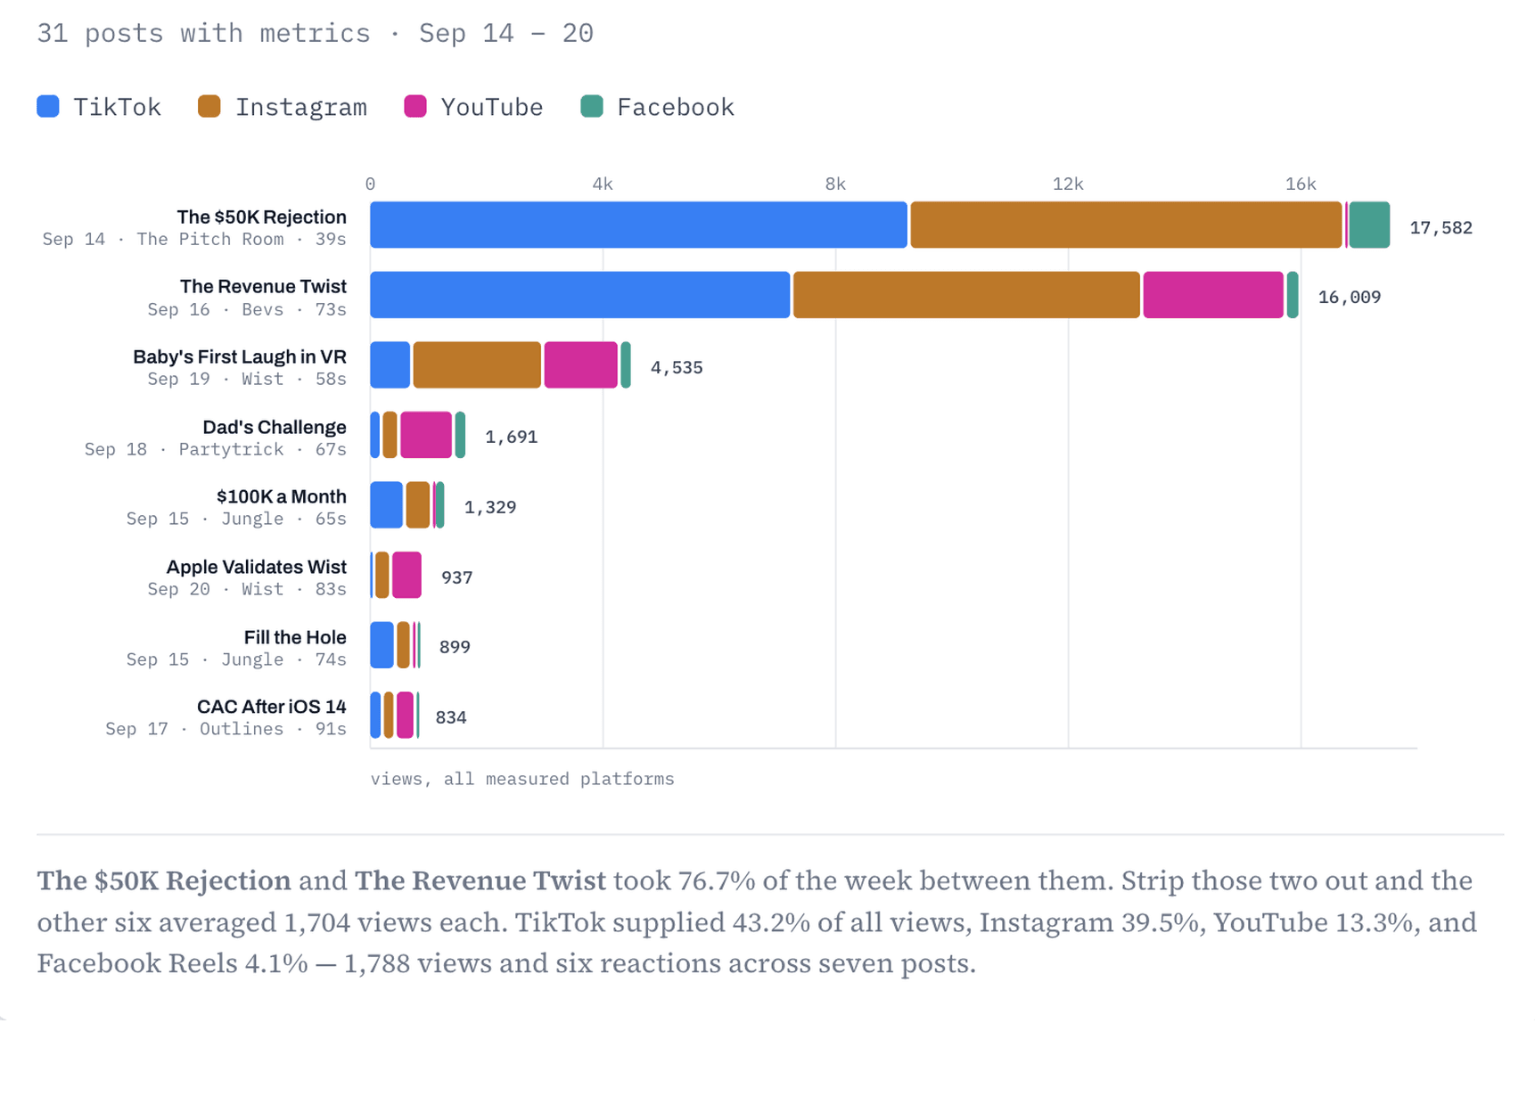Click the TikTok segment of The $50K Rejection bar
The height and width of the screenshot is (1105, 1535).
[638, 225]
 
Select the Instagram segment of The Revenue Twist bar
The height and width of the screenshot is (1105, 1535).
[966, 295]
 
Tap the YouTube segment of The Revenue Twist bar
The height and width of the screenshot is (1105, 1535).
[1213, 295]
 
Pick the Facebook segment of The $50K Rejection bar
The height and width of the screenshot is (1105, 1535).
[1369, 225]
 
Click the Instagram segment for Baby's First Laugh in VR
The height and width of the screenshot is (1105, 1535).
[477, 365]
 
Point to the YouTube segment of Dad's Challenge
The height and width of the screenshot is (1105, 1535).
[426, 435]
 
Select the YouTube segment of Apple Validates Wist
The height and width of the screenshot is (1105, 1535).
[406, 575]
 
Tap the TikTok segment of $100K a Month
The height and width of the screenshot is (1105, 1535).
[386, 505]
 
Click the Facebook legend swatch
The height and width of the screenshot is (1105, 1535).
[592, 106]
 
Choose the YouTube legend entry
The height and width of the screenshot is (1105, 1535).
[473, 107]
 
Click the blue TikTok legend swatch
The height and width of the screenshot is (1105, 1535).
[48, 106]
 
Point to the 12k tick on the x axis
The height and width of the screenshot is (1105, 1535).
[1068, 184]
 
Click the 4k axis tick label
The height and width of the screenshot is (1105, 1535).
[603, 184]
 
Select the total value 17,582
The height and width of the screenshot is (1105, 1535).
[1441, 228]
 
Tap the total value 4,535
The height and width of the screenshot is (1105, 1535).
[677, 368]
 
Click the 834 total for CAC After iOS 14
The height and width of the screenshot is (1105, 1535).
[451, 717]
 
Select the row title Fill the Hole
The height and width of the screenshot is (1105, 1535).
[295, 637]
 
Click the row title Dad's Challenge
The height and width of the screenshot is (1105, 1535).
[275, 427]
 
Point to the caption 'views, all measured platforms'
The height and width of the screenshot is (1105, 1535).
[522, 779]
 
